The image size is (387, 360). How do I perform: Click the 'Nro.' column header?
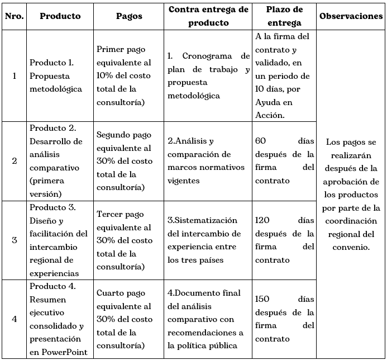point(14,16)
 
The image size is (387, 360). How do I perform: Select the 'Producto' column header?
point(60,16)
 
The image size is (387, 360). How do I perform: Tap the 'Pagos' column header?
point(129,16)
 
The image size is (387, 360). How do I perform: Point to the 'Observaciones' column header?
point(351,16)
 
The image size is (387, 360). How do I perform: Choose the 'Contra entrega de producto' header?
point(208,16)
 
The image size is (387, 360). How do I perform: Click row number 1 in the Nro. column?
point(14,75)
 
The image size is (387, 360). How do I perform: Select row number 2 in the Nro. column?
point(14,161)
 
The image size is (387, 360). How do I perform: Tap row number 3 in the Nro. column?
point(14,240)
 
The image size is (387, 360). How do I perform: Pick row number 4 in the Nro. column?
point(14,319)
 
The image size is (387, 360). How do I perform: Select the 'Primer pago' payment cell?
point(125,75)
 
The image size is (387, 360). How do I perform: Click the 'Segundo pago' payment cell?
point(125,161)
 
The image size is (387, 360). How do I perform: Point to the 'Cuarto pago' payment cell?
point(125,319)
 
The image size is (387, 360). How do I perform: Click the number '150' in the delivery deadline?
point(262,299)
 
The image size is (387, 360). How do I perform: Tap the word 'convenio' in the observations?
point(349,247)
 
